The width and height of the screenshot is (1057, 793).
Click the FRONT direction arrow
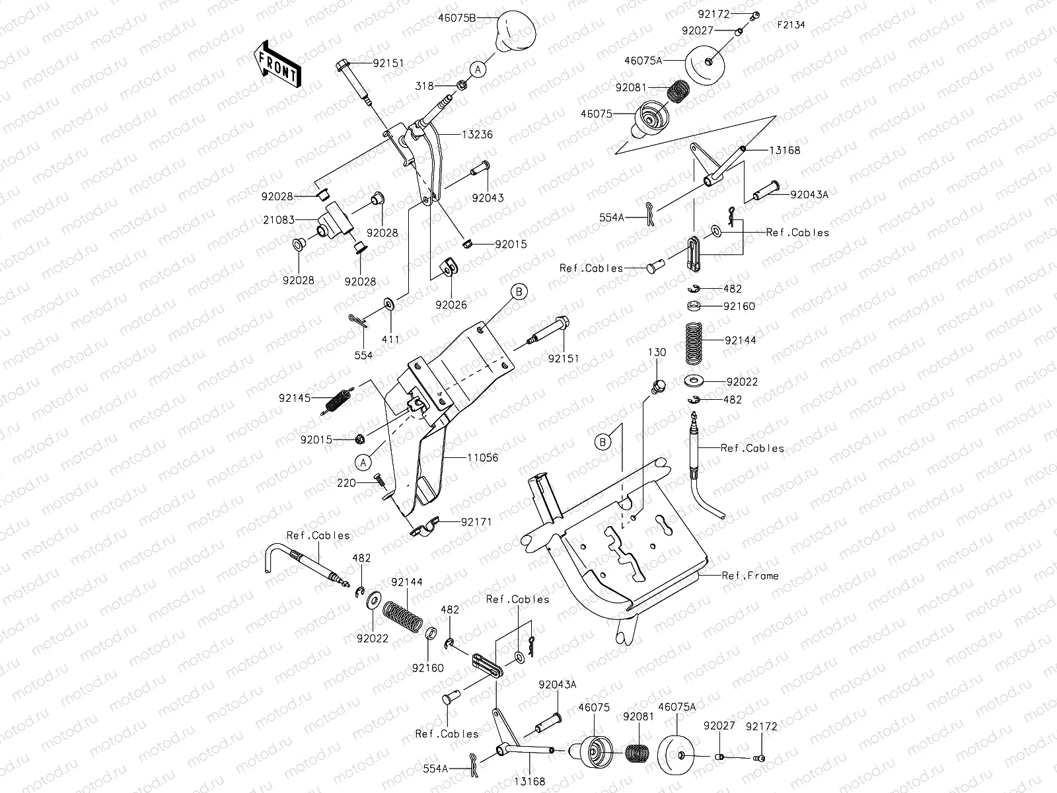(277, 64)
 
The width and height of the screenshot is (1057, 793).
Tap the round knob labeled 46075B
(516, 31)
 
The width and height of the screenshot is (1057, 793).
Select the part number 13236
(477, 134)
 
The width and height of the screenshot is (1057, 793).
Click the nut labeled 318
(460, 85)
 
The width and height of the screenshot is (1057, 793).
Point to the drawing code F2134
(791, 24)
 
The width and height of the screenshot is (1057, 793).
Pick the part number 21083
(279, 220)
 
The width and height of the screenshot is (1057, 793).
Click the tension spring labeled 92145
(337, 401)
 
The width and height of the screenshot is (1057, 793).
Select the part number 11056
(482, 457)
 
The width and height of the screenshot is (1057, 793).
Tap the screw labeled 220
(380, 480)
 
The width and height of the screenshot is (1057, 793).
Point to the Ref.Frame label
(750, 576)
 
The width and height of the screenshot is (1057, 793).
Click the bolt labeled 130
(658, 386)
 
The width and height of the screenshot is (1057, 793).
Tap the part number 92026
(451, 305)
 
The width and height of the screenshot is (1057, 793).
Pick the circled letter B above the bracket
(519, 291)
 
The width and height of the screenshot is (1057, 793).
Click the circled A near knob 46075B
(478, 69)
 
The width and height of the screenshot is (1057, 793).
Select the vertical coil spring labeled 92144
(694, 344)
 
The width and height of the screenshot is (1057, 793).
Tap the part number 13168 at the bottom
(530, 782)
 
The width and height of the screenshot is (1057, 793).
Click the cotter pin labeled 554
(358, 321)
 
